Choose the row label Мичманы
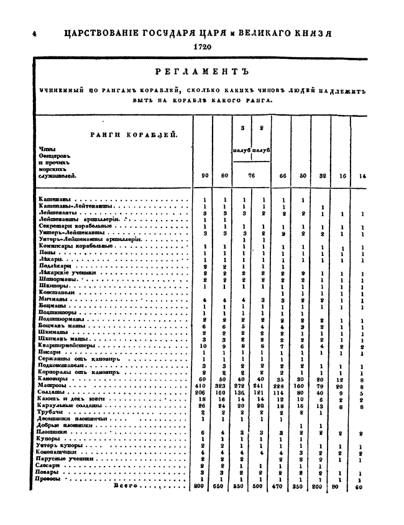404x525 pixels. pyautogui.click(x=51, y=299)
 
